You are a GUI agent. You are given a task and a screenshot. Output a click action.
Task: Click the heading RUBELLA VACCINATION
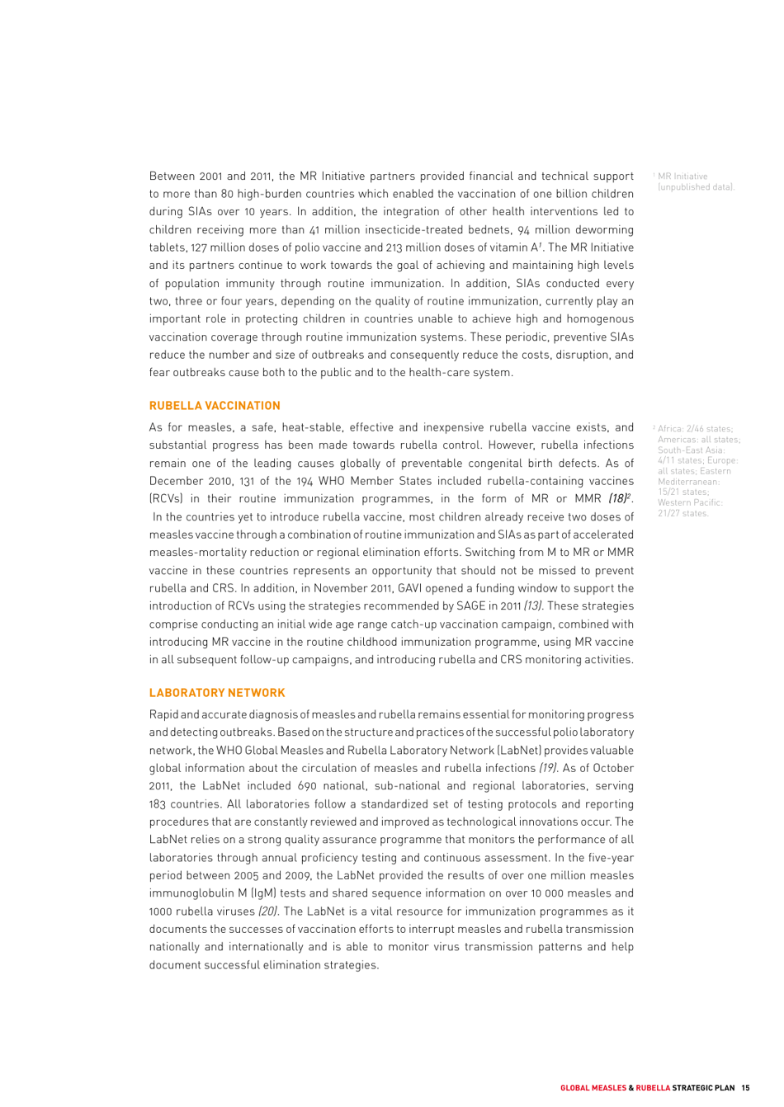click(215, 406)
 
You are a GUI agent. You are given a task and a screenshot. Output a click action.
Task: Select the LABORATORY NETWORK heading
click(217, 693)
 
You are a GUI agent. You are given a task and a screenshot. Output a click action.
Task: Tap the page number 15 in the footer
click(745, 1088)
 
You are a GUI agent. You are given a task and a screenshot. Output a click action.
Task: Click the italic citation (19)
click(548, 769)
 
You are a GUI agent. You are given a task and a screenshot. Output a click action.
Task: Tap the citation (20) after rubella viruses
click(268, 912)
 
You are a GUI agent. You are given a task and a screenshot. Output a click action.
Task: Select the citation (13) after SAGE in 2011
click(533, 606)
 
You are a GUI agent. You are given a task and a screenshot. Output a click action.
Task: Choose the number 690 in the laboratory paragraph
click(306, 786)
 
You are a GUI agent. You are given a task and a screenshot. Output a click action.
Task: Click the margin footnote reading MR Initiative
click(682, 177)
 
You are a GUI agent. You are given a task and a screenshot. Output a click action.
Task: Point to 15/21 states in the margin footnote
click(682, 492)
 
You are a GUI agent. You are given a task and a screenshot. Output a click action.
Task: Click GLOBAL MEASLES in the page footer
click(593, 1088)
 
